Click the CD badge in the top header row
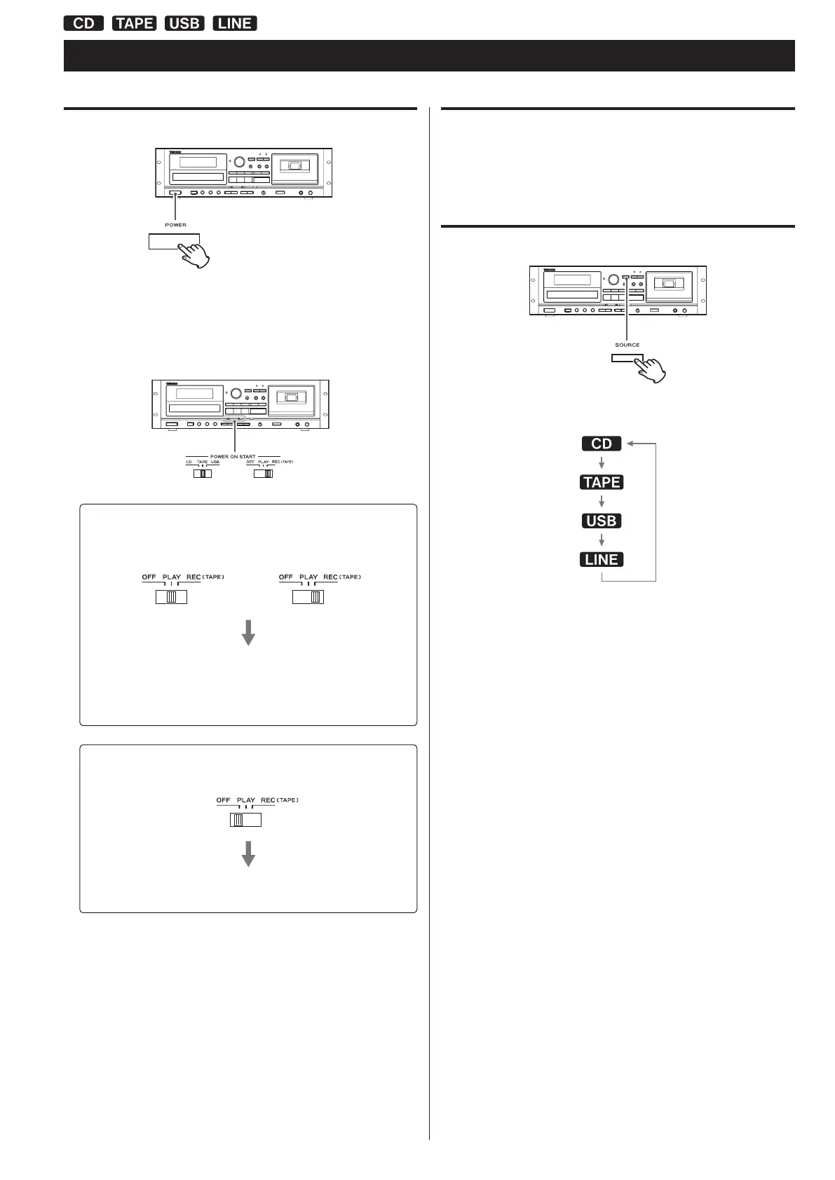coord(83,23)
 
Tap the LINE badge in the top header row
coord(235,23)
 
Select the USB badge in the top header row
coord(184,23)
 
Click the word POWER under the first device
coord(175,225)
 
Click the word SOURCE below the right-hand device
coord(627,345)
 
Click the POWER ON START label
coord(233,456)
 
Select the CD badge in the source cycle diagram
coord(602,444)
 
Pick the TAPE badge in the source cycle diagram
coord(602,482)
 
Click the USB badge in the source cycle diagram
coord(602,521)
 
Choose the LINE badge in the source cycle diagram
coord(602,559)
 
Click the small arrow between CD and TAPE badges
coord(602,462)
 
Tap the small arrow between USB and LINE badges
coord(602,540)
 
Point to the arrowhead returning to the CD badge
coord(631,444)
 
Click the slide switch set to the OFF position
coord(245,820)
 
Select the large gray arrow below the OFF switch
coord(247,854)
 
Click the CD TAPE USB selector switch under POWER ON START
coord(202,474)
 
